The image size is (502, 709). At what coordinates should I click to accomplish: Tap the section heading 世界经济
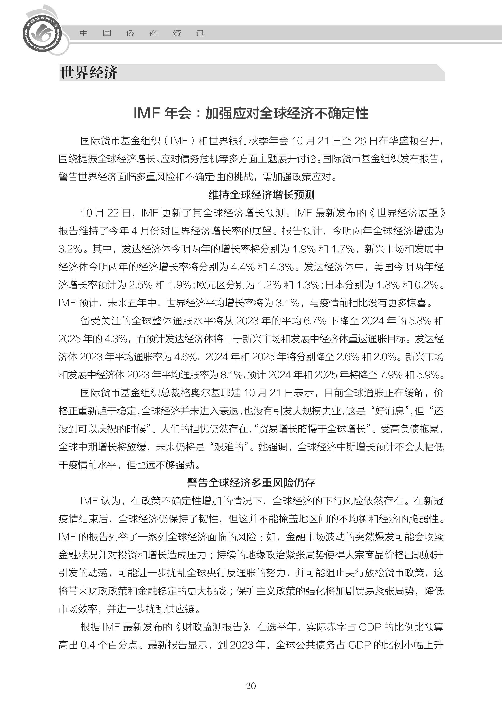89,73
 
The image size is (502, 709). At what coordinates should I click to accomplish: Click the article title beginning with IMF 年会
251,113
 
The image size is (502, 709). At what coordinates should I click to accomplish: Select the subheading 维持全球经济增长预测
262,195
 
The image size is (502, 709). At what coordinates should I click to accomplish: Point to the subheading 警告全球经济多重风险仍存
251,483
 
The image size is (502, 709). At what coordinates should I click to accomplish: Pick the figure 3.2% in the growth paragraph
70,249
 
